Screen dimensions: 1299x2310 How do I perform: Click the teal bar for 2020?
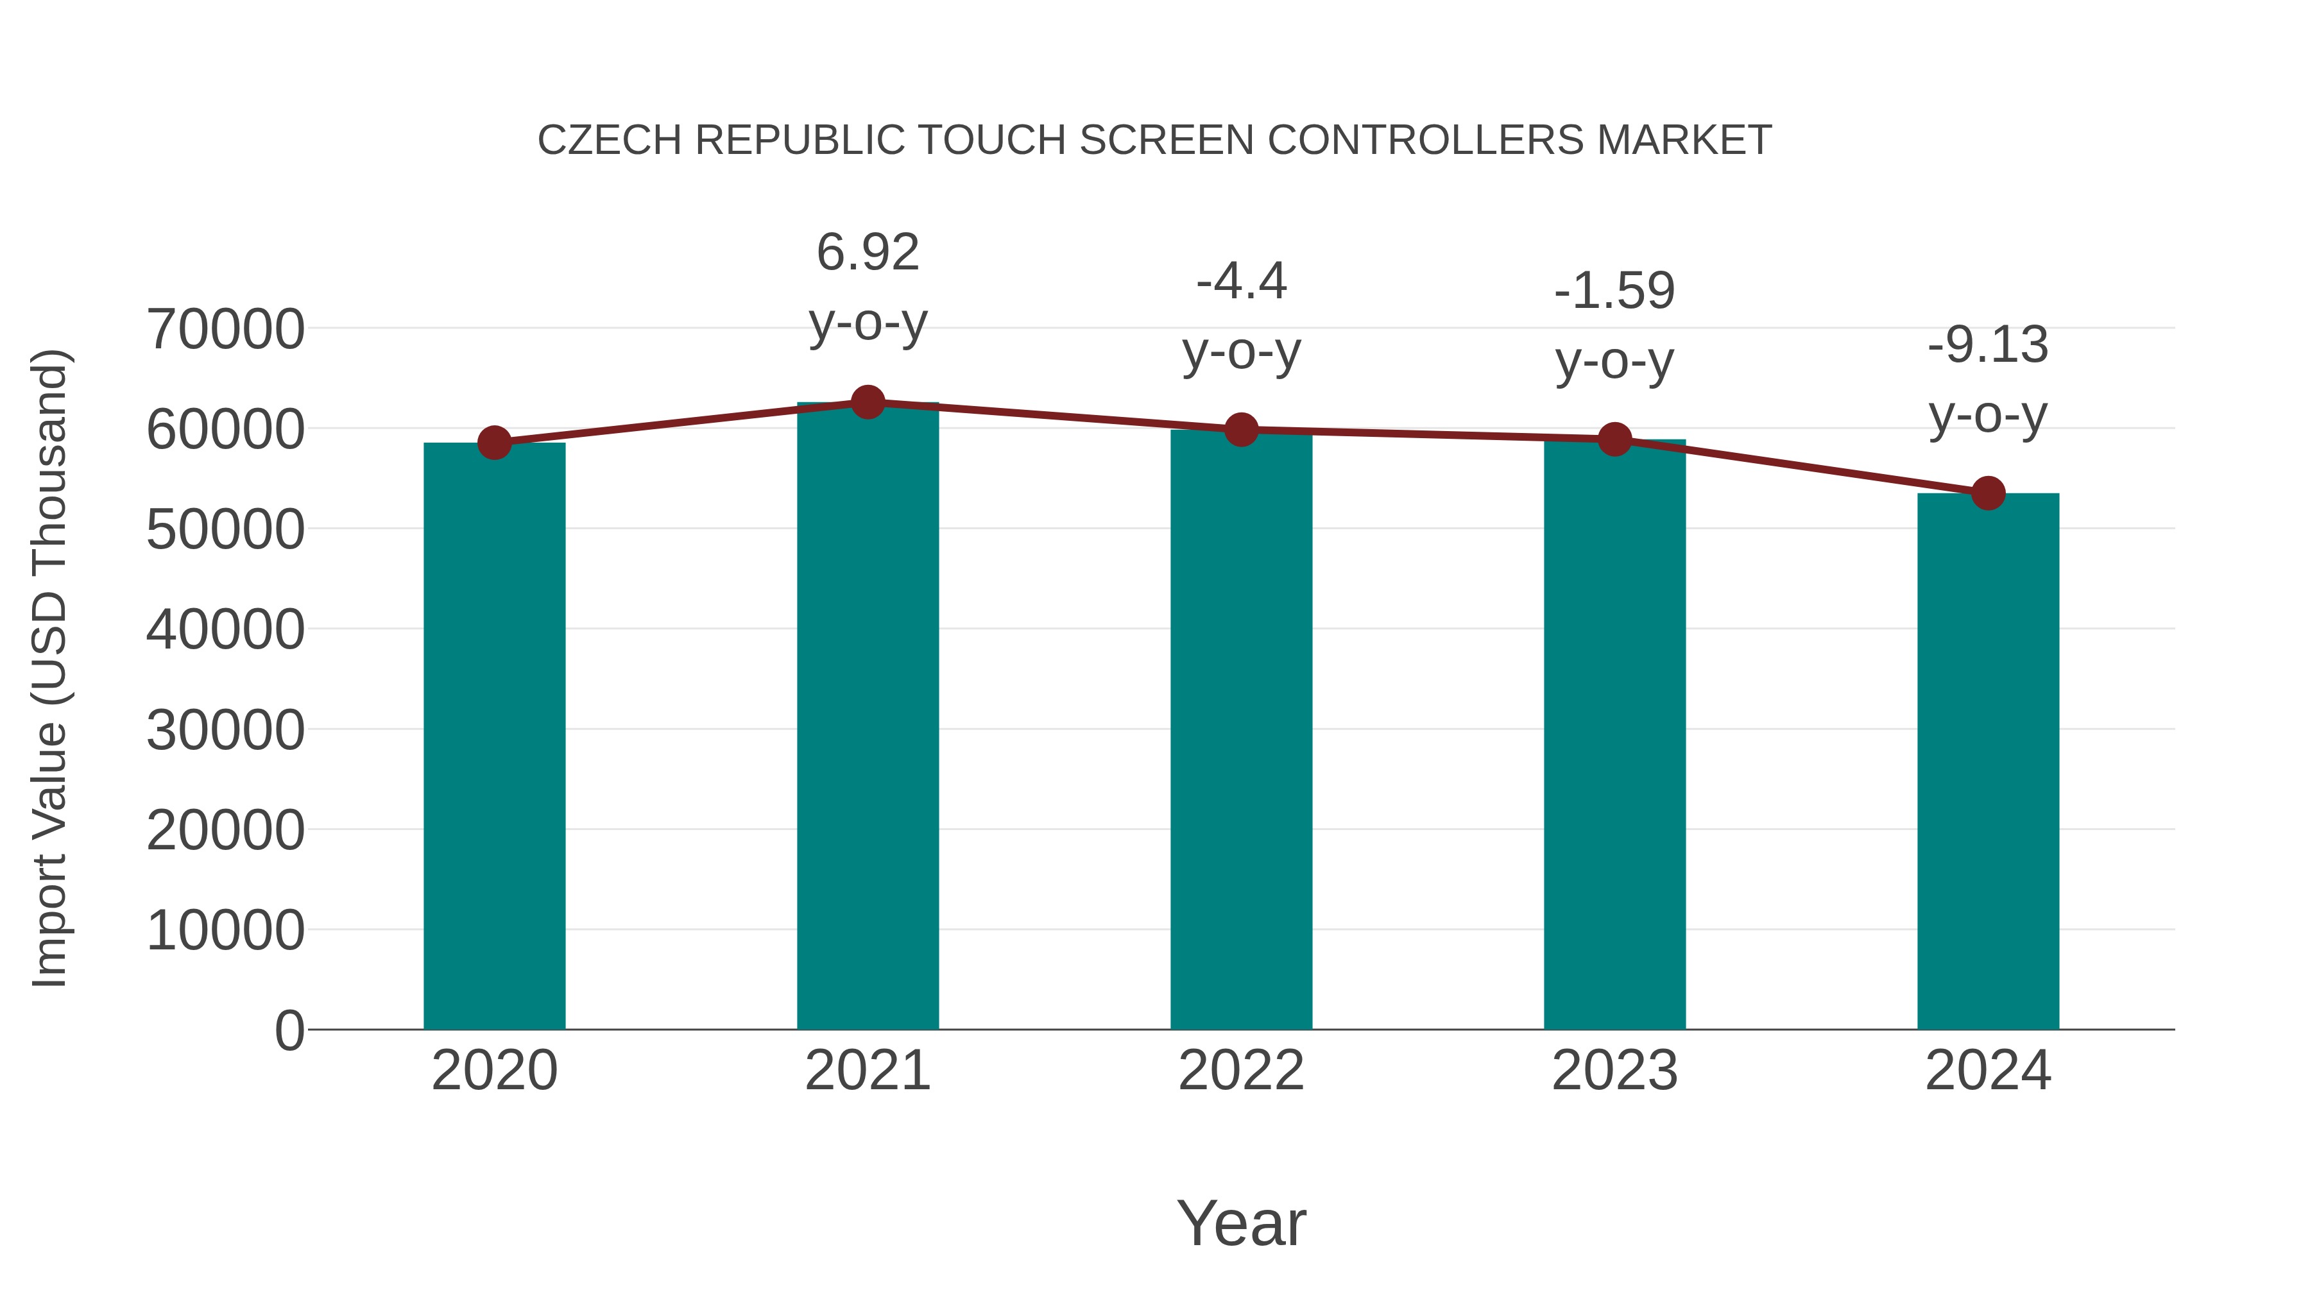(494, 735)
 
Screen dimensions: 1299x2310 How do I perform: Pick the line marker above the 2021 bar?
(867, 402)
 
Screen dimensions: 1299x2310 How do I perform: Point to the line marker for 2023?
(1614, 439)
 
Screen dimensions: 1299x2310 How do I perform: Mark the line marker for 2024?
(1988, 493)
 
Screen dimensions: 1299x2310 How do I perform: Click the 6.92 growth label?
(867, 252)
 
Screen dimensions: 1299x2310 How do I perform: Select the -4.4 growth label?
(1241, 282)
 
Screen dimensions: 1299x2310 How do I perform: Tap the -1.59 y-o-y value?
(1614, 291)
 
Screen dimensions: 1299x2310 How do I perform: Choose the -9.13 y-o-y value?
(1988, 345)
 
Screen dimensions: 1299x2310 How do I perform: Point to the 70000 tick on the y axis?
(225, 329)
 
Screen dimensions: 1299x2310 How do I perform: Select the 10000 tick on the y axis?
(225, 931)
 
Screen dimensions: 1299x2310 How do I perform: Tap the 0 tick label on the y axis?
(289, 1031)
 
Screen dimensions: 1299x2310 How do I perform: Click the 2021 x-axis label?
(867, 1071)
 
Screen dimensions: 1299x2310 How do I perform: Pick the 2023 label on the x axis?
(1614, 1071)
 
